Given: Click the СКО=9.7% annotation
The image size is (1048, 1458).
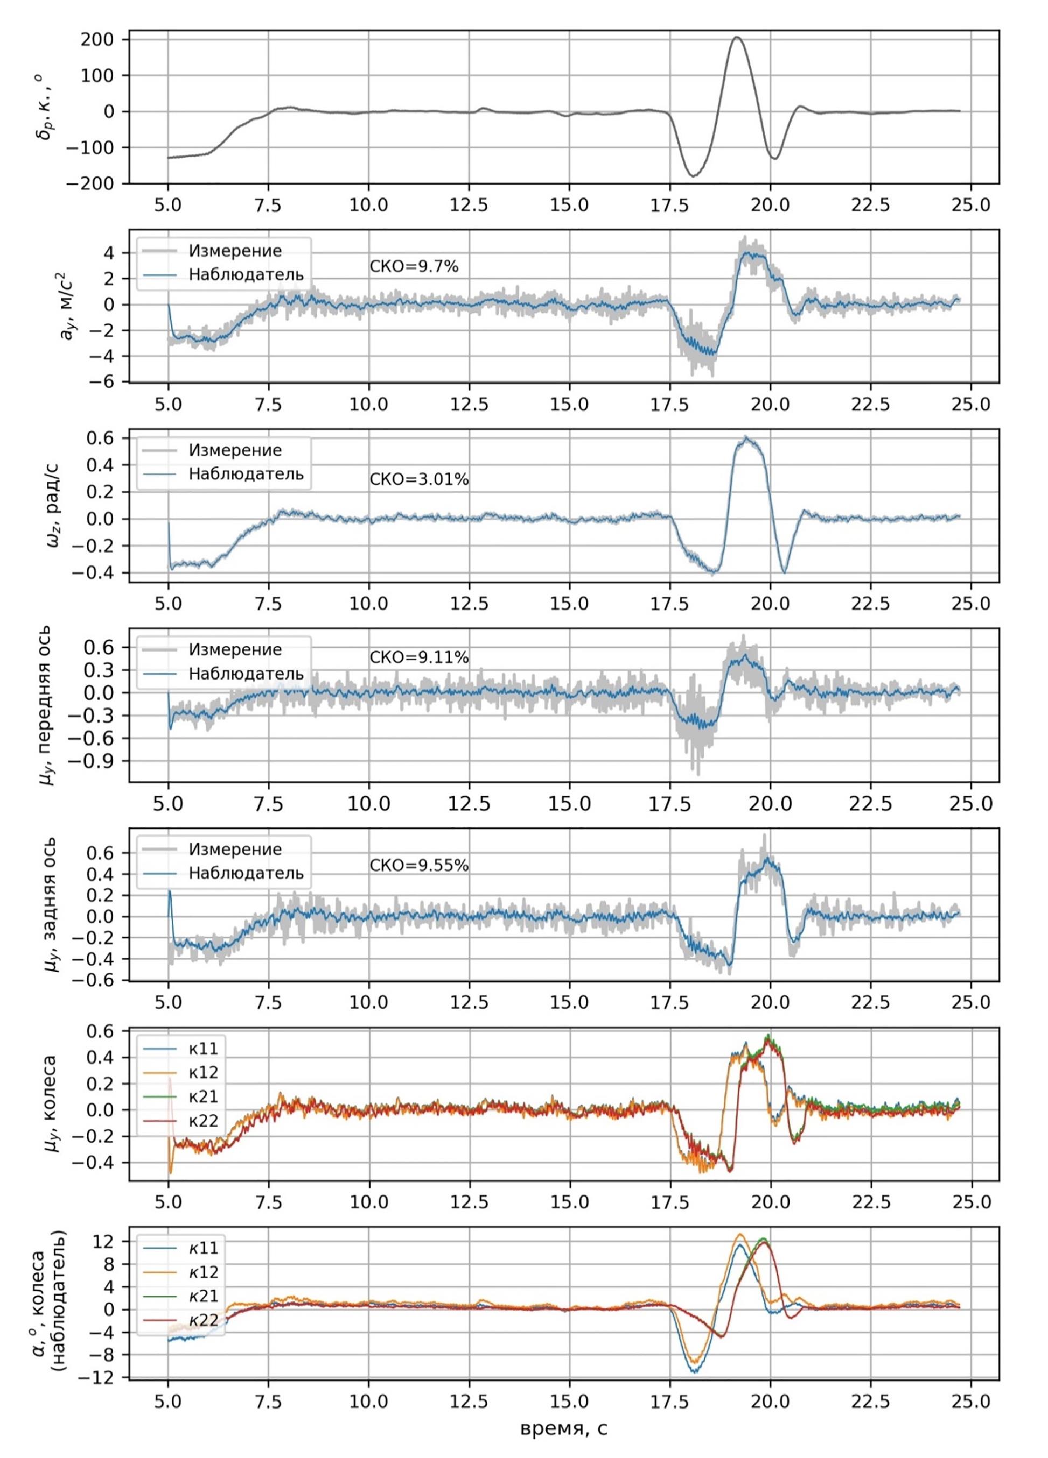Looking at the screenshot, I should point(414,266).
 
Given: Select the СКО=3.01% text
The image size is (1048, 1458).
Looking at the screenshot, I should point(419,479).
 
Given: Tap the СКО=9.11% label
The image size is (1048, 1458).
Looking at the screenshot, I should point(419,657).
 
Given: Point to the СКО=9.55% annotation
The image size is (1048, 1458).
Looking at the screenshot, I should point(419,866).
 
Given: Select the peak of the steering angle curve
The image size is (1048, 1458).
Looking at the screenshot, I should point(737,37).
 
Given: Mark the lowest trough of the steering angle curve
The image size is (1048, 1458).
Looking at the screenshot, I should point(693,175).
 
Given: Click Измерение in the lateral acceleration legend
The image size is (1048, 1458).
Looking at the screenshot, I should point(235,250).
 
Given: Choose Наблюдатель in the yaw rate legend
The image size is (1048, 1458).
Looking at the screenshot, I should point(245,475).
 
